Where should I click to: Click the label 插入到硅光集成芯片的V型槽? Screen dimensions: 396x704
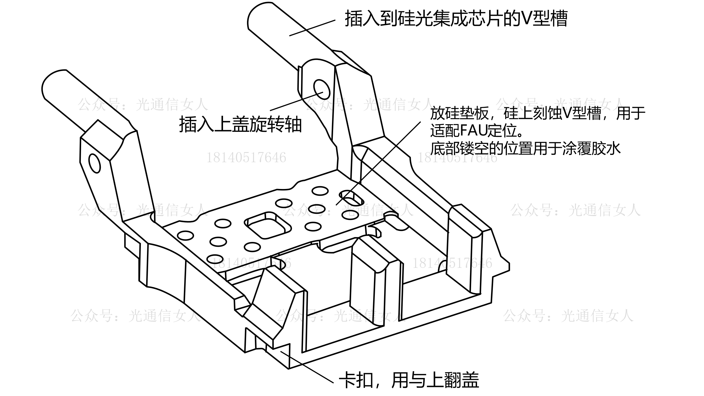pyautogui.click(x=456, y=19)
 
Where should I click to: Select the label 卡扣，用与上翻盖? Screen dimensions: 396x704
pyautogui.click(x=409, y=381)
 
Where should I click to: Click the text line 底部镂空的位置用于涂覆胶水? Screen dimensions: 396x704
pyautogui.click(x=525, y=148)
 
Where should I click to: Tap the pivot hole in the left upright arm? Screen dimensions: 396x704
pyautogui.click(x=94, y=163)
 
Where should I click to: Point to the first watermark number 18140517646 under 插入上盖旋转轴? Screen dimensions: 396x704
pyautogui.click(x=246, y=158)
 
